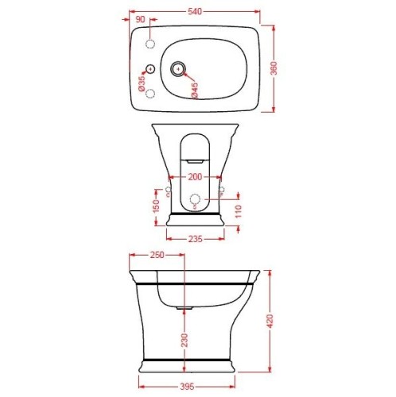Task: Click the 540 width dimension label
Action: click(x=195, y=12)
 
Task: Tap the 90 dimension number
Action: click(x=140, y=19)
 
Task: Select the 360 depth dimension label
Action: click(x=274, y=68)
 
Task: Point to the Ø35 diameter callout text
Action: click(x=142, y=83)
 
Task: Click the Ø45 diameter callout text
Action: click(x=195, y=90)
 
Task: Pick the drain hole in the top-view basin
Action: click(x=178, y=69)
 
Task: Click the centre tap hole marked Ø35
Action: click(x=150, y=69)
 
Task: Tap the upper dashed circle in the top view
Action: click(x=150, y=44)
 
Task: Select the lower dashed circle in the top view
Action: click(x=150, y=94)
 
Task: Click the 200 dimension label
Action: click(x=195, y=177)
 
